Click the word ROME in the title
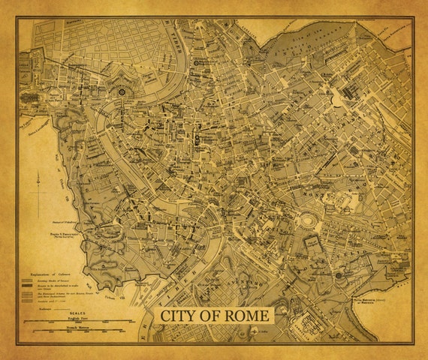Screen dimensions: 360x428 [240, 315]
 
